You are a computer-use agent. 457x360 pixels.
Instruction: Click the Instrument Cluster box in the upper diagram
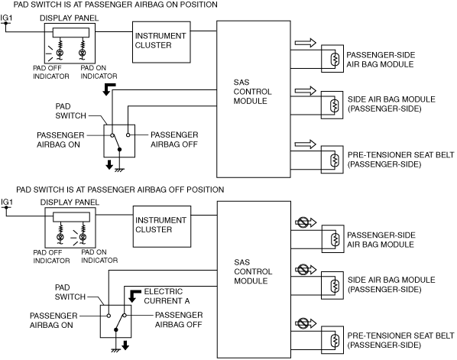(161, 42)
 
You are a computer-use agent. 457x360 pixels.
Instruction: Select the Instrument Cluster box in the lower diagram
(162, 226)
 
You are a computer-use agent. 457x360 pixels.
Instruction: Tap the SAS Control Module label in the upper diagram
(252, 92)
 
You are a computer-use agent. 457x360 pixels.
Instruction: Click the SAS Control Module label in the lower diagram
(253, 271)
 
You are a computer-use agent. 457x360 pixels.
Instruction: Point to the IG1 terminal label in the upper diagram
(6, 18)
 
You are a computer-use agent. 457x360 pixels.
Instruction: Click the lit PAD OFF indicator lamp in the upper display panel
(60, 53)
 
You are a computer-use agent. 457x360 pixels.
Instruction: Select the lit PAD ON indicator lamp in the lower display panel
(83, 237)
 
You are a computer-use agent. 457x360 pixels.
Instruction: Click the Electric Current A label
(167, 296)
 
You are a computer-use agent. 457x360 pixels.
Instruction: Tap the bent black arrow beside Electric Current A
(134, 295)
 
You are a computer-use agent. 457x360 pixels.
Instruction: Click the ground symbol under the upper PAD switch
(119, 170)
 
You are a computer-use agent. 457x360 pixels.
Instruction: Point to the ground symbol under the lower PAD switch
(116, 350)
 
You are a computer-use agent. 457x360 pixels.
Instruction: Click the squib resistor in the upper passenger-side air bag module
(335, 59)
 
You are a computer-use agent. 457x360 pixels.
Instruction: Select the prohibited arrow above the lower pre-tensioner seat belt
(306, 323)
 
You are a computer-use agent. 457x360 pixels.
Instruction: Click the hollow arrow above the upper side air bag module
(306, 91)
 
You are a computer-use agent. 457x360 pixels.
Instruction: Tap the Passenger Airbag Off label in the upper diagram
(174, 139)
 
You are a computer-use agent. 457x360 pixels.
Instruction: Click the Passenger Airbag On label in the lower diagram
(53, 320)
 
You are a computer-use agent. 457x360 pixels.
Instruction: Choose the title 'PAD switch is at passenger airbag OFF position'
(120, 190)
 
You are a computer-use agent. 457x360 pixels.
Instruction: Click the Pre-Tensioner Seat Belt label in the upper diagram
(400, 159)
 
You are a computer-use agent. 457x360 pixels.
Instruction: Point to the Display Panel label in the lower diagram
(70, 202)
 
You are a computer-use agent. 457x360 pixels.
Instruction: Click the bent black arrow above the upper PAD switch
(109, 89)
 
